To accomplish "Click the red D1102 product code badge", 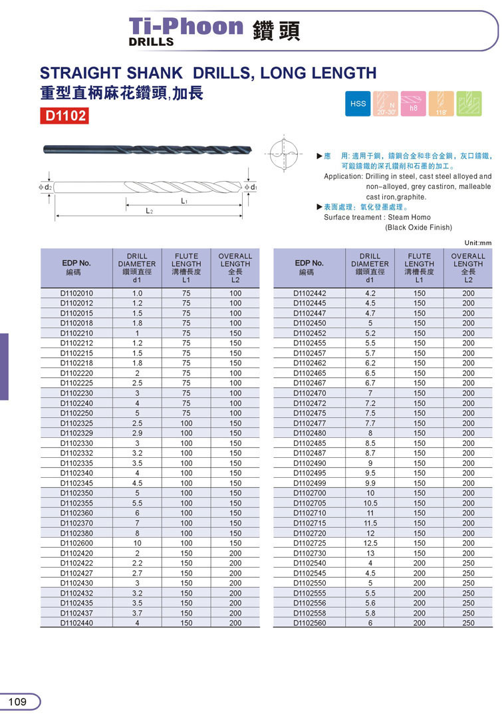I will click(x=64, y=116).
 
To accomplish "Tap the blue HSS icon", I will click(x=358, y=104).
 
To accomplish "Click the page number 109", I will click(x=18, y=701).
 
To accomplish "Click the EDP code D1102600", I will click(x=77, y=543).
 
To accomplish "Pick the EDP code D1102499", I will click(x=310, y=483).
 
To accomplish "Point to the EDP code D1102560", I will click(x=310, y=623).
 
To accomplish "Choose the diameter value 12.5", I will click(x=370, y=543).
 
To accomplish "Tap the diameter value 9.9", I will click(x=370, y=483).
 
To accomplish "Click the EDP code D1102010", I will click(x=77, y=293).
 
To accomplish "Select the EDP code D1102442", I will click(x=310, y=293).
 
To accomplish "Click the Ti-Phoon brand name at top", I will click(x=186, y=27).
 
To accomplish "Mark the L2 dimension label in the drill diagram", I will click(x=150, y=210).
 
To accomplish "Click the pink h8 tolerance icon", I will click(x=414, y=104).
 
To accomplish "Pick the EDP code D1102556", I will click(x=310, y=603).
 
